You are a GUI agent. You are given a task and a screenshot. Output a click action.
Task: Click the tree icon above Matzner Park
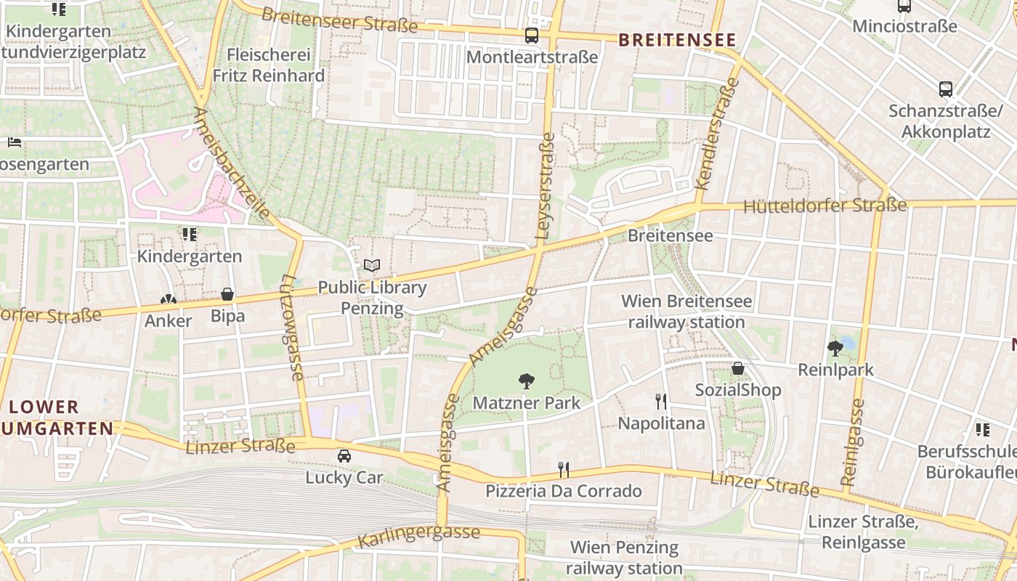point(526,381)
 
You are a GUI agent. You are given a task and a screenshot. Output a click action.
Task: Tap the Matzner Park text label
point(526,403)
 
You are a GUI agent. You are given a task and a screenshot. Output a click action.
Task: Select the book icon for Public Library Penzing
point(372,266)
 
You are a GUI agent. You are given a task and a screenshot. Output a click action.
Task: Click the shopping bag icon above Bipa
point(227,294)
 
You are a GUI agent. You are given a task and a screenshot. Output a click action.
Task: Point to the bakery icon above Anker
point(169,299)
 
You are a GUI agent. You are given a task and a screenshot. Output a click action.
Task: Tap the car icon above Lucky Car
point(344,456)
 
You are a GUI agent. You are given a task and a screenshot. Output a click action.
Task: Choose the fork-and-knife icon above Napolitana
point(661,401)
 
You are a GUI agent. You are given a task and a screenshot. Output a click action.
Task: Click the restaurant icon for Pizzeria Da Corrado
point(564,469)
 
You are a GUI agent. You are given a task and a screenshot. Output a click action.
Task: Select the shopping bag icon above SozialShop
point(738,368)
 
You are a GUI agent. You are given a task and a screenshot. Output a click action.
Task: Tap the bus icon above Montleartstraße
point(532,35)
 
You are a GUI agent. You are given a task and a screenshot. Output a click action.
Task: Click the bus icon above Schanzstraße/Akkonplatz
point(946,89)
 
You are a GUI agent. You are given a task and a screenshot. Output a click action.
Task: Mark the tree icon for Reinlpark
point(835,348)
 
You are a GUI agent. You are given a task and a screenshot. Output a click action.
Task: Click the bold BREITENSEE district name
point(677,40)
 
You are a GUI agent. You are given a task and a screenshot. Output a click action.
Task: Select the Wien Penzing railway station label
point(624,558)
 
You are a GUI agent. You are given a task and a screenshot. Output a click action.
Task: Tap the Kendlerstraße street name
point(717,134)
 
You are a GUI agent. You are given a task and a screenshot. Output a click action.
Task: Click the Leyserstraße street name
point(544,190)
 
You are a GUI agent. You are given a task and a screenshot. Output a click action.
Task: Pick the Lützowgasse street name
point(292,328)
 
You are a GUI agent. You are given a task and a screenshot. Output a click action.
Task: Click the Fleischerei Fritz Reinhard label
point(268,65)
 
